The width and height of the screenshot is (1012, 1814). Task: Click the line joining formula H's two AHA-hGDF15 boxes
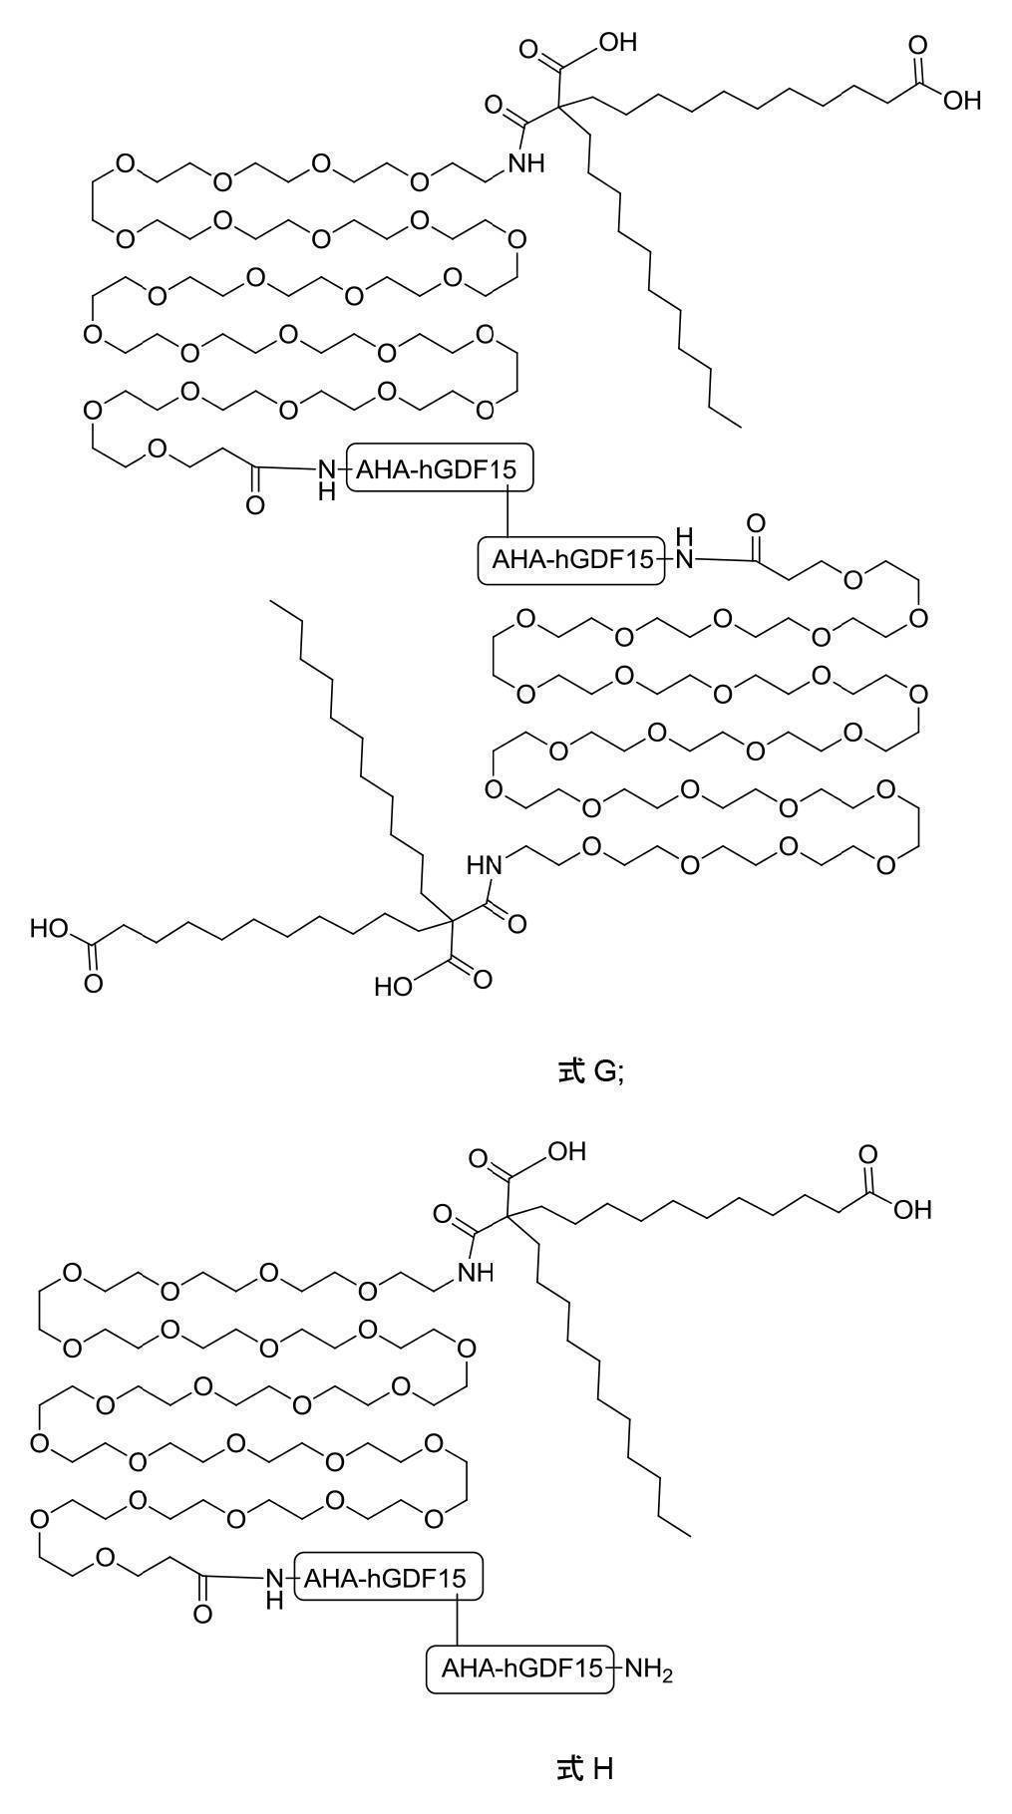point(457,1623)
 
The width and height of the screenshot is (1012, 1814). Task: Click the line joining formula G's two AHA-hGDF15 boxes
point(508,514)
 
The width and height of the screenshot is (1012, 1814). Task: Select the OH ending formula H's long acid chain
point(912,1209)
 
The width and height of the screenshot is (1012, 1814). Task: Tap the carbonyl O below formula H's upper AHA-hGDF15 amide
point(202,1614)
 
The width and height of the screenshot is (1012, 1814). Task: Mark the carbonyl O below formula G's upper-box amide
point(255,505)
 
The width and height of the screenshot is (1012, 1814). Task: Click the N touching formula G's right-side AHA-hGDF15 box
point(684,560)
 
